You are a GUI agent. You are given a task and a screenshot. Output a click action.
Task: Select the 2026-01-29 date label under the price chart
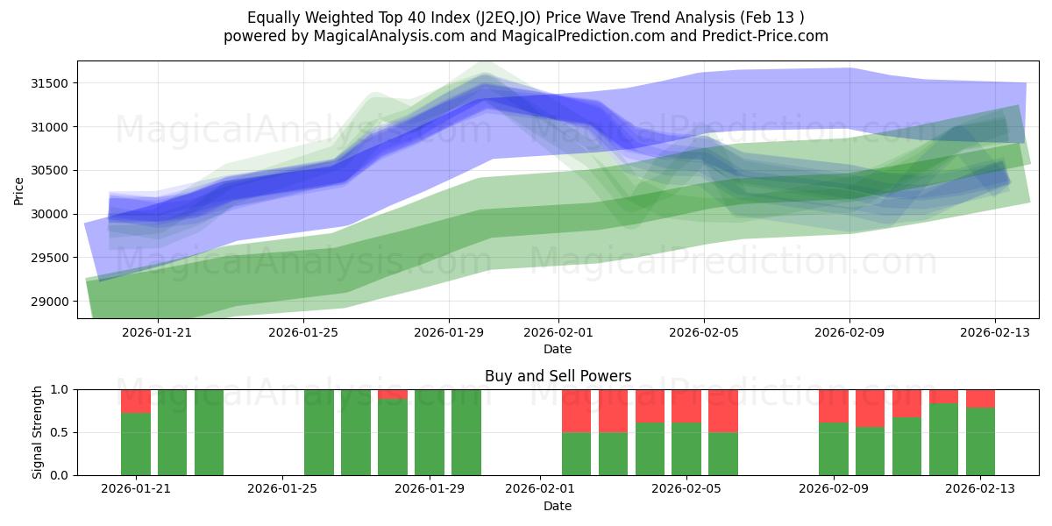point(449,332)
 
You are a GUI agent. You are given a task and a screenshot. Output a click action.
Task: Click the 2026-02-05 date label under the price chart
point(704,332)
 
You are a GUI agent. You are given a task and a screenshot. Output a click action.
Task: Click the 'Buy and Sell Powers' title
point(558,376)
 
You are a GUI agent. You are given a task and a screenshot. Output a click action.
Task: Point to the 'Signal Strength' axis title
point(37,432)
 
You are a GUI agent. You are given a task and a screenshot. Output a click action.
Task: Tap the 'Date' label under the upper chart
point(558,349)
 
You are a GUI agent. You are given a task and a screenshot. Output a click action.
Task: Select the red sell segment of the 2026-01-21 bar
point(136,402)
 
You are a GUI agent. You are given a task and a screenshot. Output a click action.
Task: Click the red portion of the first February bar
point(577,411)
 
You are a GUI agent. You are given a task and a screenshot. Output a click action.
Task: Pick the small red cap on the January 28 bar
point(393,394)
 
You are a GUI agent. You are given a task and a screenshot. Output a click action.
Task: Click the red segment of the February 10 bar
point(870,409)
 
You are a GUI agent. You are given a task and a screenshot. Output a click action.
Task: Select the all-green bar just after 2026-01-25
point(319,432)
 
